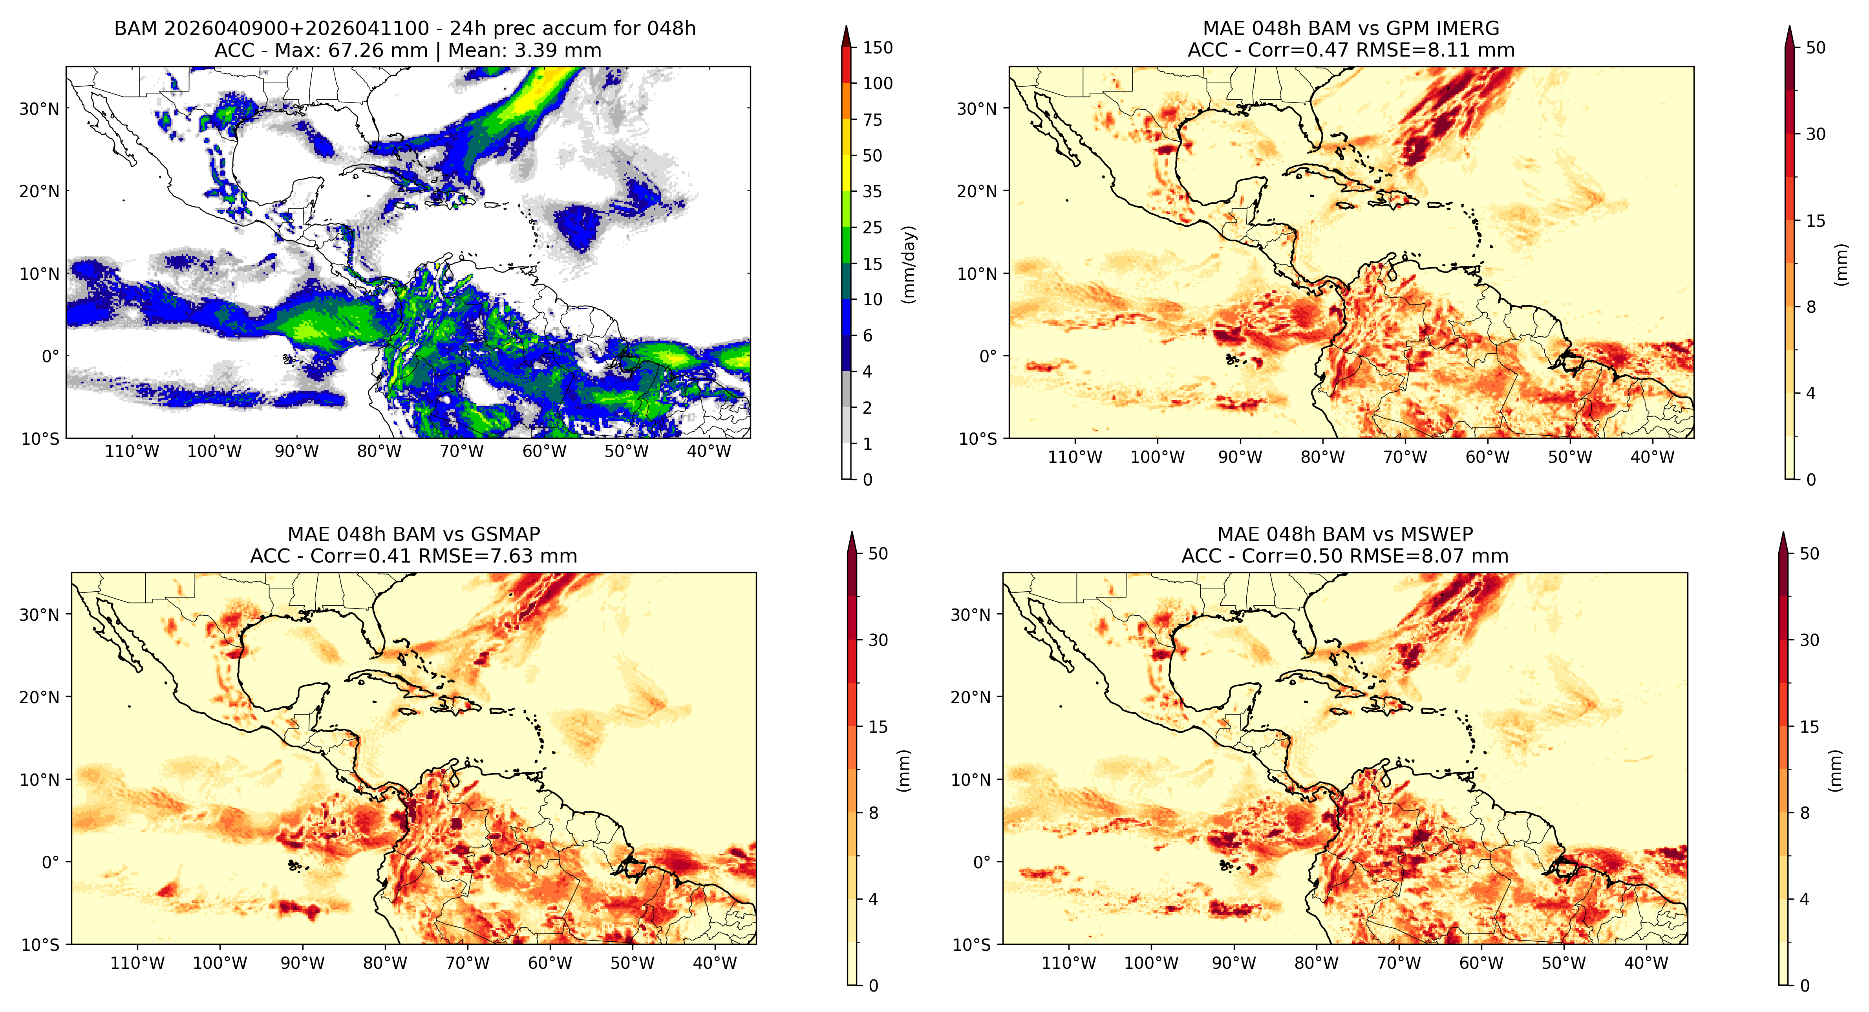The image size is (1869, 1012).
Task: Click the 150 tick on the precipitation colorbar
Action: point(877,48)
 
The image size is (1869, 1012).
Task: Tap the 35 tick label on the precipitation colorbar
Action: point(872,192)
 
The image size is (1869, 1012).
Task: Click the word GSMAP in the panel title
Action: point(506,534)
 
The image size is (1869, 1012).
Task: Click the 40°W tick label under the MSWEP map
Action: point(1646,963)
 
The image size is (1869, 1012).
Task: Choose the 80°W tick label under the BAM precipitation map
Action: point(379,451)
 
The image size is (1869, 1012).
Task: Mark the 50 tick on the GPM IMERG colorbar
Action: point(1815,48)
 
